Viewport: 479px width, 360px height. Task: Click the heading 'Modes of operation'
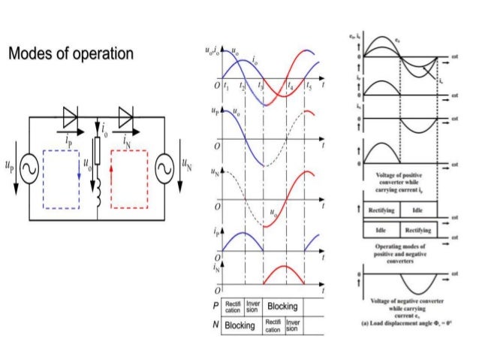point(71,54)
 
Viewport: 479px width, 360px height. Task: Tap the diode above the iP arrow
point(71,116)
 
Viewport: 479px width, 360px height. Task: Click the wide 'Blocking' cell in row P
point(282,307)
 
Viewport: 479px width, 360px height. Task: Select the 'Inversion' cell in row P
point(253,307)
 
